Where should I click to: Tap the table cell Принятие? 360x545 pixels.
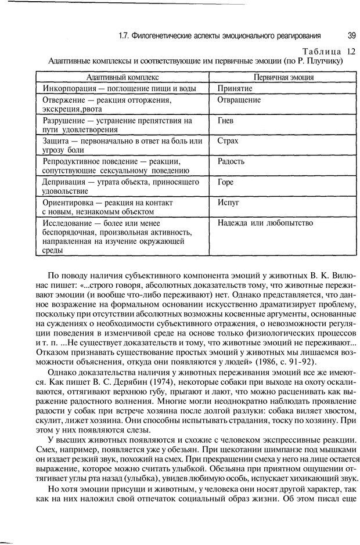click(235, 88)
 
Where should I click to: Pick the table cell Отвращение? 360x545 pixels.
click(239, 99)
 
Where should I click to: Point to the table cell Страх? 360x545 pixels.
click(228, 141)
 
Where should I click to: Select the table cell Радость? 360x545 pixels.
click(231, 161)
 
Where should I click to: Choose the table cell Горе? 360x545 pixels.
click(225, 182)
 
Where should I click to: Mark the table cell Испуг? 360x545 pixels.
click(228, 202)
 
